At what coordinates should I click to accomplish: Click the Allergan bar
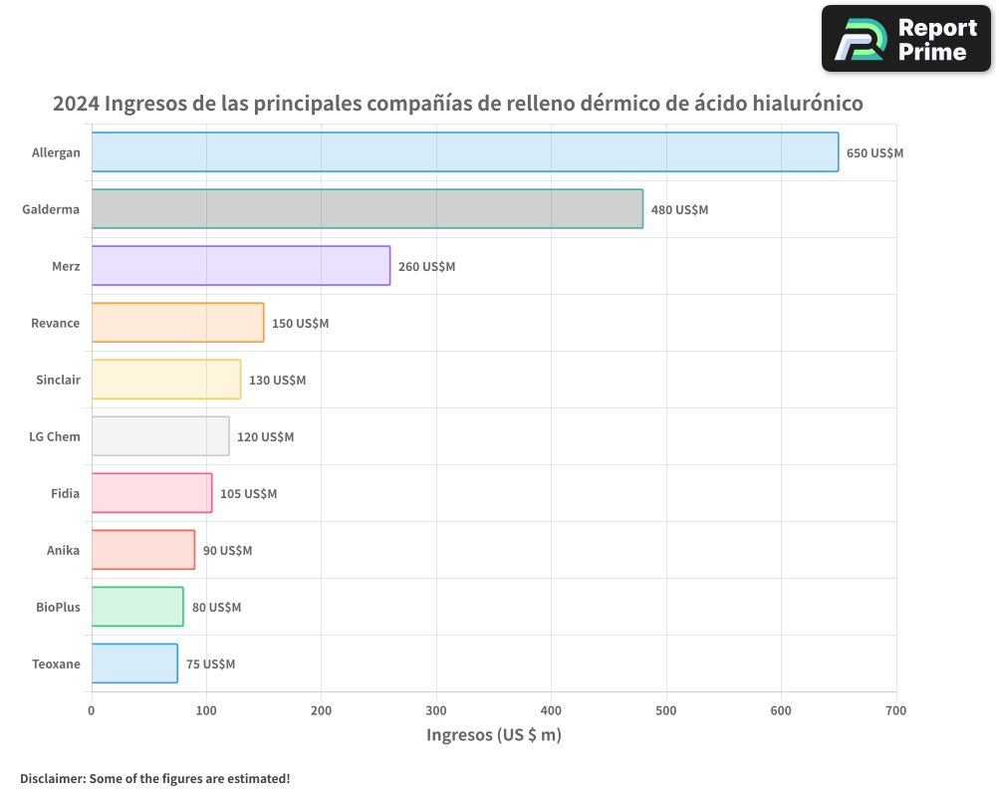[x=465, y=152]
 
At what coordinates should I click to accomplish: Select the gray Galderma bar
[x=367, y=209]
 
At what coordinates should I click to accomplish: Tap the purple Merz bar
[x=240, y=266]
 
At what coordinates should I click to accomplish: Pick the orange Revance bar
[x=177, y=323]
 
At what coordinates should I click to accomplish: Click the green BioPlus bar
[x=137, y=607]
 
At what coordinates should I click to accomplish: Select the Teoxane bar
[x=134, y=664]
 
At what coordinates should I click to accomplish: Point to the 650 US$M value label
[x=874, y=153]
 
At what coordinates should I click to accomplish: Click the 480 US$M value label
[x=679, y=210]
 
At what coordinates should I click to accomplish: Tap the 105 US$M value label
[x=248, y=494]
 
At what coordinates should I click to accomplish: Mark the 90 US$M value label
[x=227, y=551]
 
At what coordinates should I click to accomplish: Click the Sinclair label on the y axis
[x=57, y=380]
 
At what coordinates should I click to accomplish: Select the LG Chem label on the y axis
[x=56, y=436]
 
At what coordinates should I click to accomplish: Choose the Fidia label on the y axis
[x=65, y=493]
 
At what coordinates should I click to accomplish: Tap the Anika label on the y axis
[x=63, y=550]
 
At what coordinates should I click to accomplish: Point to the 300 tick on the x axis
[x=436, y=710]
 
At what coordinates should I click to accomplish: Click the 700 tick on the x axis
[x=895, y=710]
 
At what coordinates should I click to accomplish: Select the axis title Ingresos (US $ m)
[x=493, y=735]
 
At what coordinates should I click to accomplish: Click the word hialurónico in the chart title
[x=797, y=104]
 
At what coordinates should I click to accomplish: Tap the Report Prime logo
[x=905, y=39]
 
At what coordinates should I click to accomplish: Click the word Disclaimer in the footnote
[x=52, y=778]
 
